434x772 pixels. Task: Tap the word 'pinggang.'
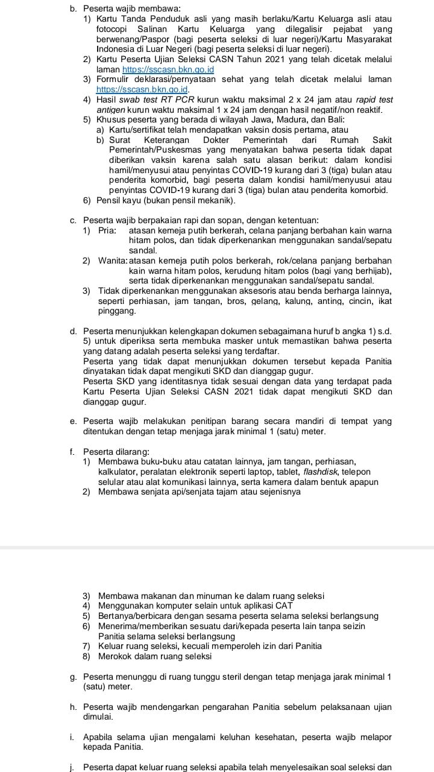(116, 311)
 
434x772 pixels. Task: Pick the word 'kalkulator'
(118, 472)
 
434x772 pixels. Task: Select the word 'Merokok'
(118, 656)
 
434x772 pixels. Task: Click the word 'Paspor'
(159, 39)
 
